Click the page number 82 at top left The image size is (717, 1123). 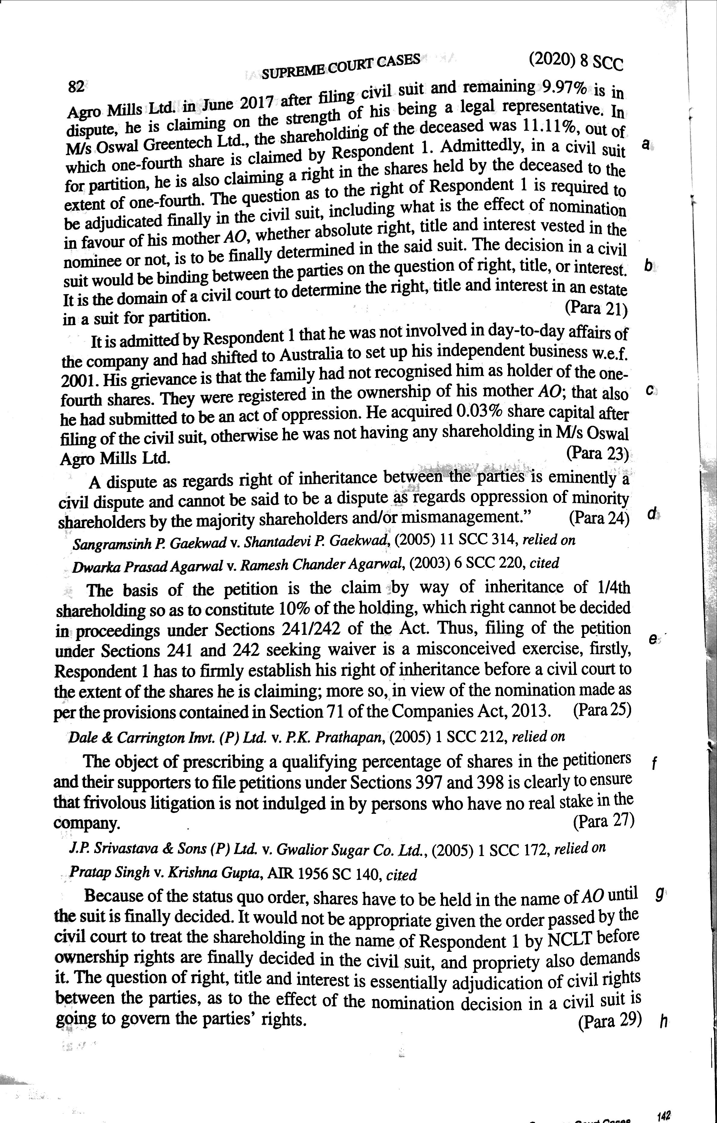pyautogui.click(x=76, y=87)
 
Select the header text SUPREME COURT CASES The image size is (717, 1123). pyautogui.click(x=341, y=66)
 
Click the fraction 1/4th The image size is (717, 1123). pyautogui.click(x=613, y=587)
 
